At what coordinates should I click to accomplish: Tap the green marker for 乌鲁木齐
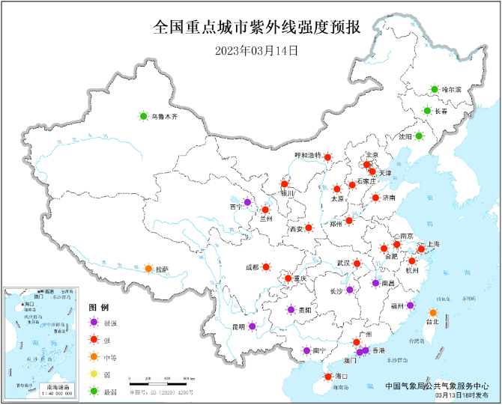142,116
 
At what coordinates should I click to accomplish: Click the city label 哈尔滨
453,90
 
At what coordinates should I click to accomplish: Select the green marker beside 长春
427,111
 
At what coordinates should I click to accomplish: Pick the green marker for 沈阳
420,136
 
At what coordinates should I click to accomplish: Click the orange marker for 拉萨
148,269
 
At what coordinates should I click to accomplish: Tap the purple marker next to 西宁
247,203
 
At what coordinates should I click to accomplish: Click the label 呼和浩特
308,156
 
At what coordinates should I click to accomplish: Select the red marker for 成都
265,267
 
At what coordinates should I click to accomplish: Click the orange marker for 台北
432,312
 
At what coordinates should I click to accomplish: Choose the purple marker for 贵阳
291,309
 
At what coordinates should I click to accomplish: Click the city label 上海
434,244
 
